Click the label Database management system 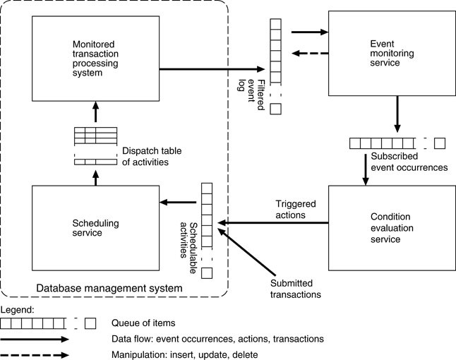(109, 288)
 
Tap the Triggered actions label (295, 210)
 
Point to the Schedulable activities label (188, 244)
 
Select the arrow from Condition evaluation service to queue (275, 223)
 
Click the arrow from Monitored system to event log (212, 69)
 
